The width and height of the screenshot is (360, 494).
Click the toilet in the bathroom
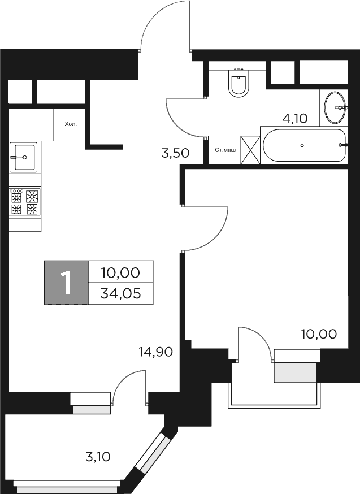[x=238, y=83]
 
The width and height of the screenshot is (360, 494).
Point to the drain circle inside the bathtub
[x=302, y=145]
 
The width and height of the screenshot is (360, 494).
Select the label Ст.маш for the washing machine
[x=225, y=150]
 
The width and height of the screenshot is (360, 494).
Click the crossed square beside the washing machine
[x=250, y=150]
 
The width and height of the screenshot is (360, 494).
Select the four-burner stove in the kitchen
[x=25, y=202]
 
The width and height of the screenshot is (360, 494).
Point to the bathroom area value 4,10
[x=294, y=118]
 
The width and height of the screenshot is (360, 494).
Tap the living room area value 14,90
[x=155, y=352]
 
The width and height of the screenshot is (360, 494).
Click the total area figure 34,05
[x=120, y=293]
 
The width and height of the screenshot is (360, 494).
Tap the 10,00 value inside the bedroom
[x=319, y=333]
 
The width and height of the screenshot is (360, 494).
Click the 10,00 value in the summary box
[x=120, y=272]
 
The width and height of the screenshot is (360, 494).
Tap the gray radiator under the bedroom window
[x=294, y=372]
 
